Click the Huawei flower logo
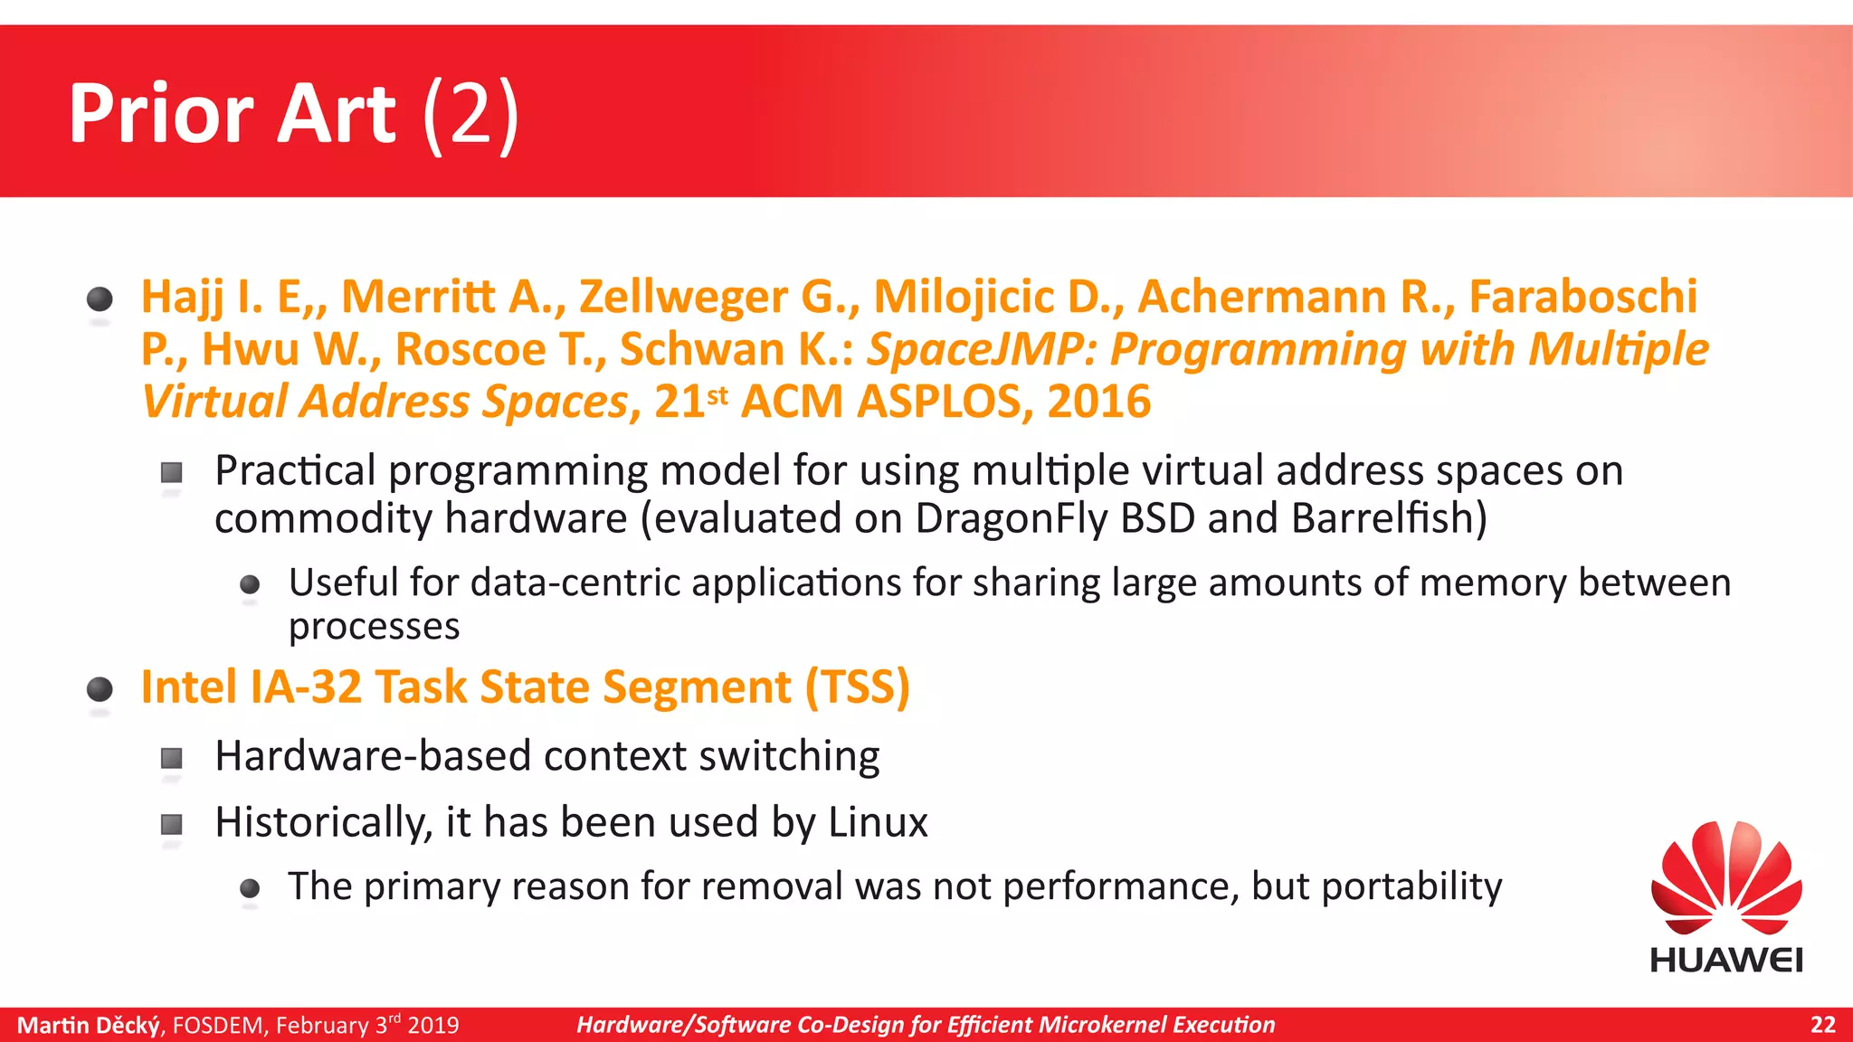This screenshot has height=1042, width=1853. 1726,877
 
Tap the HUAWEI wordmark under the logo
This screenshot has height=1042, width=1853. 1726,960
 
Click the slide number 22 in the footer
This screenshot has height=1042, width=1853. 1822,1025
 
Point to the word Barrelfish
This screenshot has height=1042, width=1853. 1388,518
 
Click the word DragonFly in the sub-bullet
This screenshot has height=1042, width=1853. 1011,518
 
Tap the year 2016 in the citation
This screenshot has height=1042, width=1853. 1098,402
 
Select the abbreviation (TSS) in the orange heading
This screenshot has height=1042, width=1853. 857,687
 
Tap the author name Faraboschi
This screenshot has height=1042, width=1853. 1582,297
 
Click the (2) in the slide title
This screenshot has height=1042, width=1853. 470,114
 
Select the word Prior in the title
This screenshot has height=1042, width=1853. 161,114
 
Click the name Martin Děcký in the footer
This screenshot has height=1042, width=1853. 89,1025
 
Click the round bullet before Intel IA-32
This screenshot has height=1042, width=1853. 100,690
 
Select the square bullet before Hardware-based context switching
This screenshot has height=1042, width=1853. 171,757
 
